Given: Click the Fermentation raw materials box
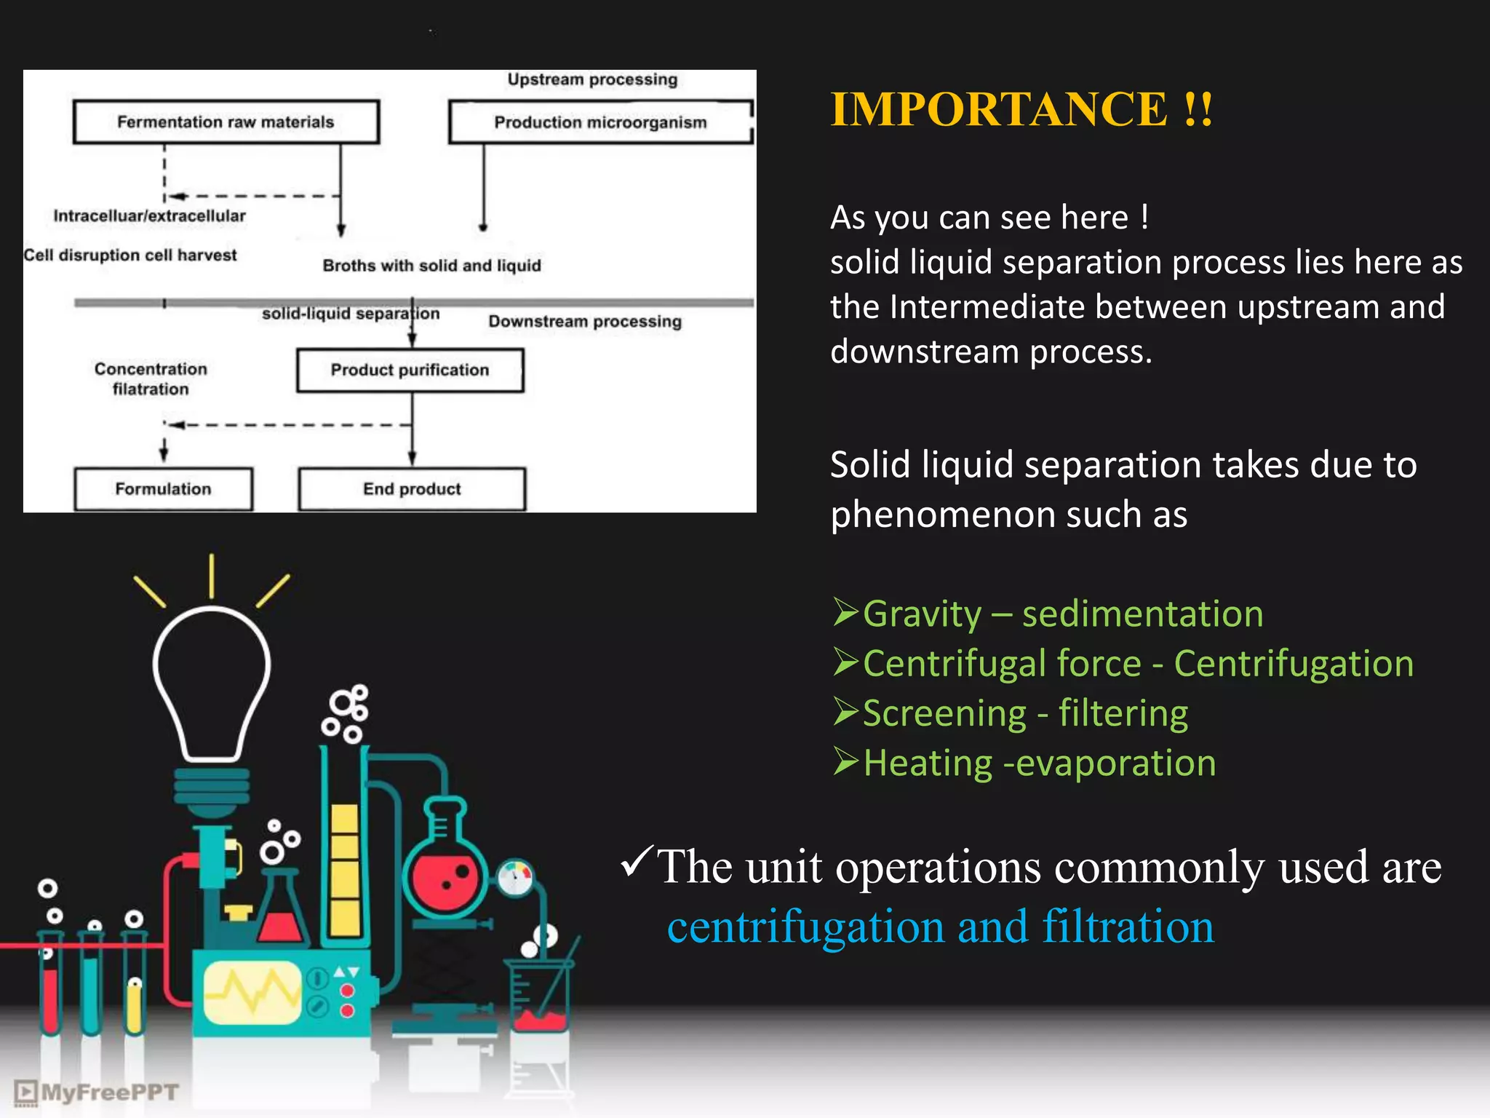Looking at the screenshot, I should pyautogui.click(x=226, y=122).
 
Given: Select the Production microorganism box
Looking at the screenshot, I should pyautogui.click(x=600, y=122).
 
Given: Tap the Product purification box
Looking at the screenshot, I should pyautogui.click(x=410, y=370).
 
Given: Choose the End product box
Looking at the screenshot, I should pyautogui.click(x=412, y=489).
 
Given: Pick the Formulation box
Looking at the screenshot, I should pyautogui.click(x=163, y=489).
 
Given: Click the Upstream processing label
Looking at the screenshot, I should pyautogui.click(x=592, y=79).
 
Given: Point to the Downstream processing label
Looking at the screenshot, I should pyautogui.click(x=585, y=321).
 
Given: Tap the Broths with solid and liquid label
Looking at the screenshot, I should pyautogui.click(x=431, y=266).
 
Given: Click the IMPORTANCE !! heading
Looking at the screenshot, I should pyautogui.click(x=1021, y=110).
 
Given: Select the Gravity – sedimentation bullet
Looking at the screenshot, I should pyautogui.click(x=1062, y=614).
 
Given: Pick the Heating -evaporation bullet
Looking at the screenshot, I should pyautogui.click(x=1039, y=763).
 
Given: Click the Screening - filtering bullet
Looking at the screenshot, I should pyautogui.click(x=1024, y=713).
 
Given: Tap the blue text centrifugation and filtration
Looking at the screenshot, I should pyautogui.click(x=940, y=927).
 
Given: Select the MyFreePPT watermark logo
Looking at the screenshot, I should pyautogui.click(x=96, y=1093).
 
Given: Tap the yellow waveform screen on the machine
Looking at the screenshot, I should pyautogui.click(x=252, y=992).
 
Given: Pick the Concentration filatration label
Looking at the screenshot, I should pyautogui.click(x=151, y=378).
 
